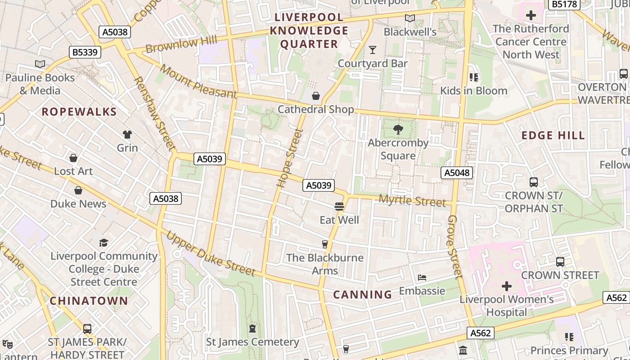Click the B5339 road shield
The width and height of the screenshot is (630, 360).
(85, 52)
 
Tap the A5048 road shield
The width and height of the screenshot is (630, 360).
(457, 172)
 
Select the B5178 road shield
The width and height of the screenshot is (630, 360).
(564, 4)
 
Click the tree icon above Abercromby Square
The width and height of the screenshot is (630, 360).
(398, 130)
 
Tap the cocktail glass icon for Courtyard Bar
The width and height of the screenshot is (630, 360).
(373, 49)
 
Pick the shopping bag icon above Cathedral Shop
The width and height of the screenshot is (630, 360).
(316, 96)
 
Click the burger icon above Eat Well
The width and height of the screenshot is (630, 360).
(339, 207)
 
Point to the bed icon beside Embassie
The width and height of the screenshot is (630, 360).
(422, 278)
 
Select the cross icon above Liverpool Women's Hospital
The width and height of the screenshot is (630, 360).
(507, 286)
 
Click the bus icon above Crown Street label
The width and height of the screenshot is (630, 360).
(560, 261)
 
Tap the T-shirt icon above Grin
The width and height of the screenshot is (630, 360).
(127, 134)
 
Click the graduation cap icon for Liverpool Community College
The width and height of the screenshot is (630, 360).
(104, 243)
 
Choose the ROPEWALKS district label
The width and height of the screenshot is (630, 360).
(79, 112)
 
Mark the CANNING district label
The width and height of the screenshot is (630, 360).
(363, 295)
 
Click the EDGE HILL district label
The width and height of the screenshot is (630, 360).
(553, 135)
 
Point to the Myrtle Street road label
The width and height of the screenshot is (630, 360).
(412, 201)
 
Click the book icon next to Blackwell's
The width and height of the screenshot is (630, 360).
(409, 18)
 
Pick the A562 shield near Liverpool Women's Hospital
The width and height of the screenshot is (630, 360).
(480, 333)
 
